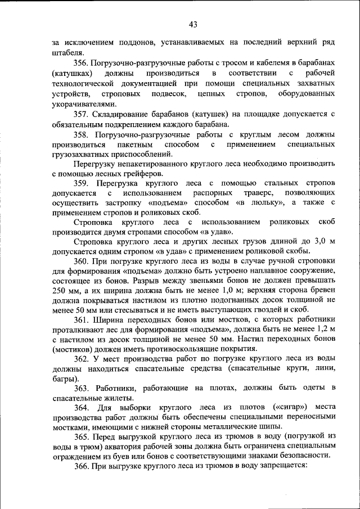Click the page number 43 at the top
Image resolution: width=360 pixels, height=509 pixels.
[x=193, y=24]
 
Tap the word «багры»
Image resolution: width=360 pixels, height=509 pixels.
[x=64, y=379]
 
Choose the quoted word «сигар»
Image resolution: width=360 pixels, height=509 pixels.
[x=273, y=407]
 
